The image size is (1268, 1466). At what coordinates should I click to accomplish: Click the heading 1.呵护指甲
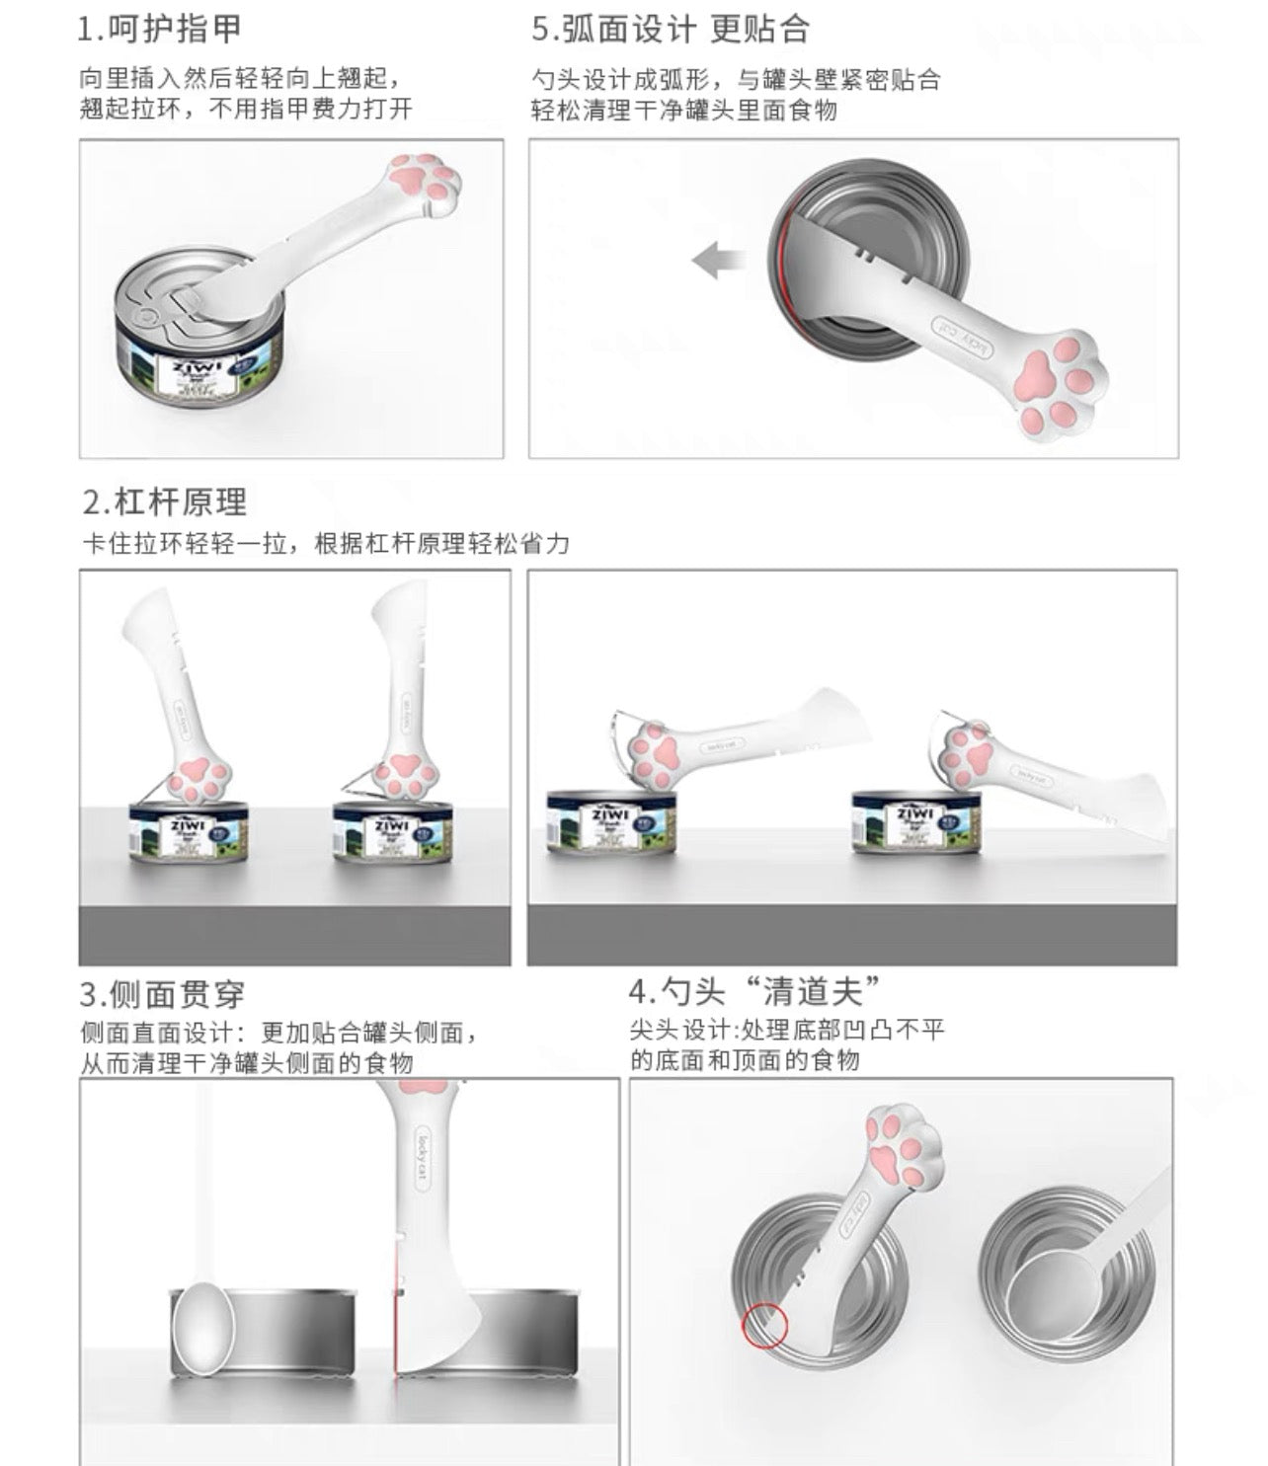(x=160, y=29)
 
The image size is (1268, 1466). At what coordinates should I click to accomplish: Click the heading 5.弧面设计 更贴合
(x=671, y=29)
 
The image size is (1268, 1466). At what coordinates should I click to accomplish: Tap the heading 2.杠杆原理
(x=165, y=502)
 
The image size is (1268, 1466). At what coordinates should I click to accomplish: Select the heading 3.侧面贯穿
(x=163, y=993)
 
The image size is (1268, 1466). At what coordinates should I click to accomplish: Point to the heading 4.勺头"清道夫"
(x=755, y=990)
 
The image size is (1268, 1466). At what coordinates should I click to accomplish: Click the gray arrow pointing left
(x=718, y=263)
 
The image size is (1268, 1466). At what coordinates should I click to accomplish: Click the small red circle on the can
(x=764, y=1325)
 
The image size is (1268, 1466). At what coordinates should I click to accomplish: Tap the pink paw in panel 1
(x=425, y=182)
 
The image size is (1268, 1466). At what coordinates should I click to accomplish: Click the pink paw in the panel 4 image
(x=904, y=1147)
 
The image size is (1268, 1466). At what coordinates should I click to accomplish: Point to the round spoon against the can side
(x=203, y=1330)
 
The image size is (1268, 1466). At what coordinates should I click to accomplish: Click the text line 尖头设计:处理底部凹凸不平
(x=787, y=1031)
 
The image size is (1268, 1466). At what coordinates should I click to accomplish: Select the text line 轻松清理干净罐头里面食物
(x=684, y=110)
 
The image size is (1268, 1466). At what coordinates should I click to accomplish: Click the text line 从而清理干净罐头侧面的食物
(x=247, y=1063)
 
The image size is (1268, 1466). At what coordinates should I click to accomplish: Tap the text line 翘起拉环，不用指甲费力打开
(x=246, y=109)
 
